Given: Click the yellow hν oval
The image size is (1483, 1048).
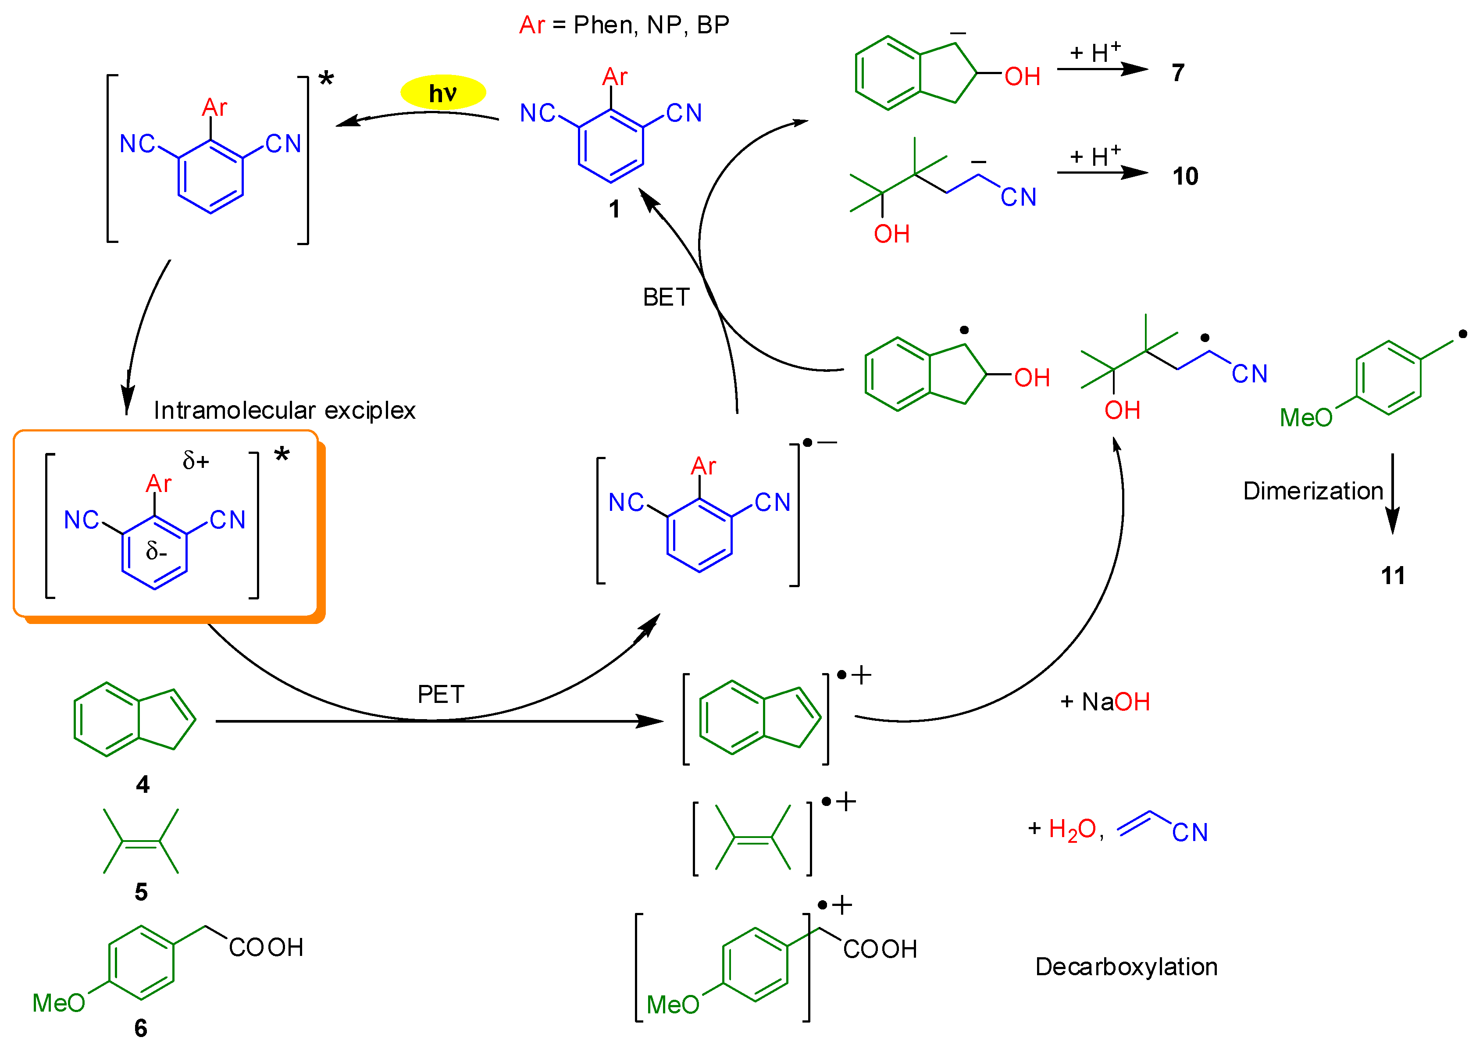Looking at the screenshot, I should tap(443, 93).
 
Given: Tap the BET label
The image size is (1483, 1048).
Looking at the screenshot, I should tap(666, 298).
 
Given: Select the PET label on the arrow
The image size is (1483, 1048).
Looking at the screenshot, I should tap(441, 695).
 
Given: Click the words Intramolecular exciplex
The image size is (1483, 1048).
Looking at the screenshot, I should tap(284, 411).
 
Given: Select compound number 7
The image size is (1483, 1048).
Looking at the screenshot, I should tap(1178, 73).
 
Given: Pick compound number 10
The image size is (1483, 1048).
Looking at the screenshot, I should tap(1185, 176).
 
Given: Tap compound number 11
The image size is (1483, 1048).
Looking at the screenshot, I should tap(1393, 575).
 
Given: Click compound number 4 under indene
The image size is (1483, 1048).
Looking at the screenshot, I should tap(143, 784).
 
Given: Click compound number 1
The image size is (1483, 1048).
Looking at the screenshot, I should tap(614, 209).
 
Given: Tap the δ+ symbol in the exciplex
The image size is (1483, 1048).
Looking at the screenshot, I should tap(196, 461).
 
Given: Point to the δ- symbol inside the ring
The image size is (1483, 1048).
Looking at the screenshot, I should tap(156, 551).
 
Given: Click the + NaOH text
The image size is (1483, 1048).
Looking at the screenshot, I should tap(1105, 702).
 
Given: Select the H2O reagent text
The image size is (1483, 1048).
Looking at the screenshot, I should tap(1072, 829).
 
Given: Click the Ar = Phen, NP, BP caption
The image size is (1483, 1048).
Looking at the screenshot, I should tap(624, 25).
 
